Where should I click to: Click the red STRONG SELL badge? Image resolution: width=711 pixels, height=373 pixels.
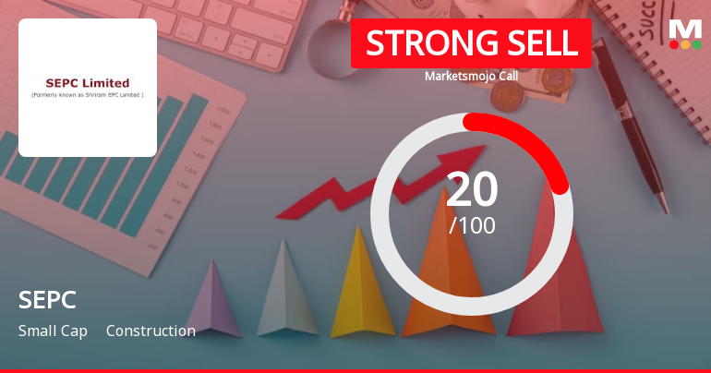471,43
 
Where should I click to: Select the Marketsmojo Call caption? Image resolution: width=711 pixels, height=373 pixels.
471,76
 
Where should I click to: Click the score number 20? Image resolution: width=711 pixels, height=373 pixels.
472,190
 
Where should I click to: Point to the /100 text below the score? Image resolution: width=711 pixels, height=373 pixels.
472,224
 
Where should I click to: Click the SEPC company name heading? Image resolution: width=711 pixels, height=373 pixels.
46,300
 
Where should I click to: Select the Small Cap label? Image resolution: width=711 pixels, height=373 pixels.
53,331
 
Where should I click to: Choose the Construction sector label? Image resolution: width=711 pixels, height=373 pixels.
151,331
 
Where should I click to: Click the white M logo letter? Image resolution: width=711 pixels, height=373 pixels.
685,28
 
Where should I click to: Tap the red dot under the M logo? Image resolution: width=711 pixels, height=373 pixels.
674,44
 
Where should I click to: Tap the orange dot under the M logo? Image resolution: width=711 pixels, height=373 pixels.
685,44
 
